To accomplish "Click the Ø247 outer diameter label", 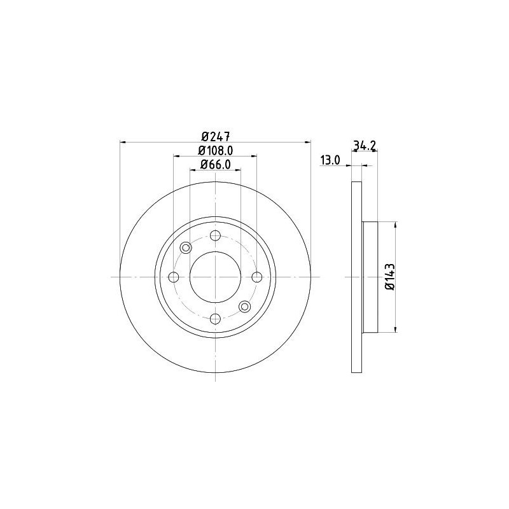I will coord(215,136).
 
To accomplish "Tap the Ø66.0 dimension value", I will coord(215,165).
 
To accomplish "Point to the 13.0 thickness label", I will coord(330,160).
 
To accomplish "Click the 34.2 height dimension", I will coord(364,146).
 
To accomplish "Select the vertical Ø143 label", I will coord(389,277).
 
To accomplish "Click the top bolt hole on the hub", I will coord(215,235).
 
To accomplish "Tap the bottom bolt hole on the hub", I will coord(215,318).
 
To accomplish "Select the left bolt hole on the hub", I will coord(173,277).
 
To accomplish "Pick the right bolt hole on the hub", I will coord(256,277).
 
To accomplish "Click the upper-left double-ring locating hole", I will coord(186,248).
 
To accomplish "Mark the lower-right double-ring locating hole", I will coord(244,307).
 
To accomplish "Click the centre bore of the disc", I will coord(215,277).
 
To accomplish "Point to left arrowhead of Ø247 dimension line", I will coord(123,142).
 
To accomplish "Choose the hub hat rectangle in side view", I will coord(370,277).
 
